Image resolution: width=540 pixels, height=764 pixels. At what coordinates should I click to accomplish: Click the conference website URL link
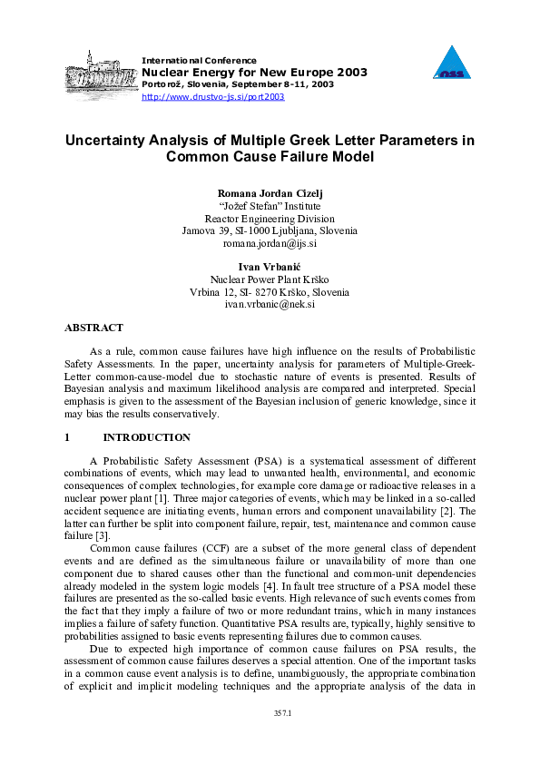click(x=213, y=96)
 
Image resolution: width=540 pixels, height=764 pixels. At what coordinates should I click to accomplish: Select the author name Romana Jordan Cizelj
click(x=270, y=193)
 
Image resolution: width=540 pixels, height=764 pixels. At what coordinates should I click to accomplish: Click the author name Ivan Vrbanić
click(x=270, y=267)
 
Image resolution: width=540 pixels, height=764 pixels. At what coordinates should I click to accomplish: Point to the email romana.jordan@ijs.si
click(x=270, y=244)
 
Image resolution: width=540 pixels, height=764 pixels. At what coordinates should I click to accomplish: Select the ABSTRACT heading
click(x=93, y=328)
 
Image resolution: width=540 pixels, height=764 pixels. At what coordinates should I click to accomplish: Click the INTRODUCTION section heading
click(x=147, y=437)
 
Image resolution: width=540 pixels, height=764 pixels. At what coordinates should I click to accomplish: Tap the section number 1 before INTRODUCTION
click(x=67, y=437)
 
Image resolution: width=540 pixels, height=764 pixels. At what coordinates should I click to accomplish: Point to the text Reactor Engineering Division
click(x=270, y=219)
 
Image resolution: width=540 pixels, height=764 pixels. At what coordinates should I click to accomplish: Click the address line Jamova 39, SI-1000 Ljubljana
click(x=270, y=231)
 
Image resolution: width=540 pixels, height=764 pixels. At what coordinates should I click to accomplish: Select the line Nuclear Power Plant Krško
click(x=270, y=279)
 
